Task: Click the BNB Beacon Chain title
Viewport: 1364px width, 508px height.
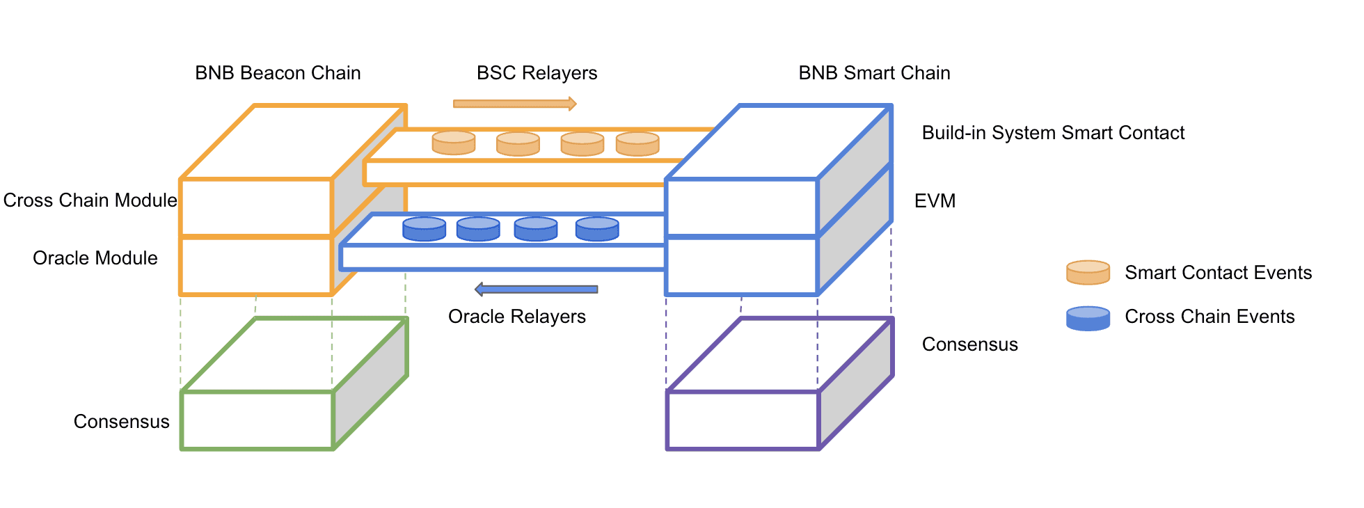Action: point(278,73)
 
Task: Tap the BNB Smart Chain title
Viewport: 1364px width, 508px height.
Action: point(874,73)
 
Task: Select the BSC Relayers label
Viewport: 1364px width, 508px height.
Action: point(537,73)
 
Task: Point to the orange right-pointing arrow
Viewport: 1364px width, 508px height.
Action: point(514,104)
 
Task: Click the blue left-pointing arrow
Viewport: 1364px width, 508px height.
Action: point(536,289)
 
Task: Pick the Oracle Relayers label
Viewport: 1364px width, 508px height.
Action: point(516,317)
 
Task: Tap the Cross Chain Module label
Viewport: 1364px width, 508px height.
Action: point(90,200)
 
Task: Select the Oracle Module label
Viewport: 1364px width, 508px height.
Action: point(95,258)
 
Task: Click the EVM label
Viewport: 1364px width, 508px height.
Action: point(935,201)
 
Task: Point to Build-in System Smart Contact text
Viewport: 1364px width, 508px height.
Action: point(1053,133)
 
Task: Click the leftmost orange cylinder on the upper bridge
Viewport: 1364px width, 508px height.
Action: point(454,143)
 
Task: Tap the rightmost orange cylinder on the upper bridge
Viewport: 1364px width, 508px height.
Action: point(637,143)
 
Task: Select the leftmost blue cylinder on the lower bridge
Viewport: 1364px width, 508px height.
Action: point(425,229)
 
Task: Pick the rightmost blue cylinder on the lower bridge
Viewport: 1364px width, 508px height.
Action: point(597,229)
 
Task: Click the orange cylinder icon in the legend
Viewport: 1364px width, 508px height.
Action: point(1088,273)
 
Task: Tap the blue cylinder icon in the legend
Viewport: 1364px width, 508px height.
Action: point(1088,318)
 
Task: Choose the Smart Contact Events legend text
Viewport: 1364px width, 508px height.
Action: point(1218,273)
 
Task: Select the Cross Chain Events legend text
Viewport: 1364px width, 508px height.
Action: point(1210,317)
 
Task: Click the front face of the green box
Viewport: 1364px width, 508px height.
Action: point(257,420)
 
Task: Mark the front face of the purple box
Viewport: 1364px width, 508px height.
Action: point(743,420)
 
